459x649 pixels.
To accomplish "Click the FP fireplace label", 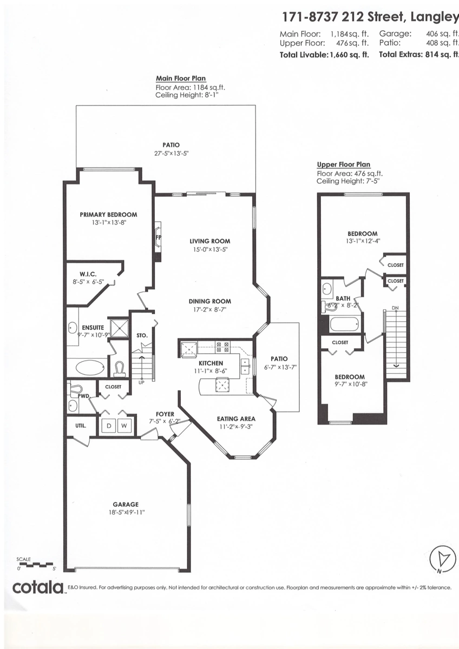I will click(159, 237).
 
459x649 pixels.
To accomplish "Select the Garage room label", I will click(126, 504).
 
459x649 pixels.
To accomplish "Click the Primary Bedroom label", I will click(108, 215).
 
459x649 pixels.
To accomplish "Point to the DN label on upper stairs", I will click(395, 308).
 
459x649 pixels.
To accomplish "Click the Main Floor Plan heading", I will click(181, 78).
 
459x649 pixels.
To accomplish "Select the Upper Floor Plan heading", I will click(343, 165).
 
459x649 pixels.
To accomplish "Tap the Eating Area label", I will click(236, 419).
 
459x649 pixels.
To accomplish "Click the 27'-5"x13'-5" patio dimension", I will click(171, 153).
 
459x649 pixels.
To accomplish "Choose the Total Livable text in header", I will click(303, 55).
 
